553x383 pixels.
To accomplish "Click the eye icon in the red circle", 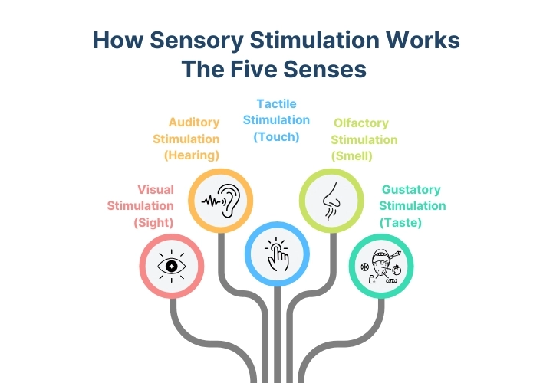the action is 171,266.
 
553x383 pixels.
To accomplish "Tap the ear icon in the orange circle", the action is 229,201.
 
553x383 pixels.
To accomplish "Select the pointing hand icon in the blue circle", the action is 277,254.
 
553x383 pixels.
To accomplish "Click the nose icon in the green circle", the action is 331,201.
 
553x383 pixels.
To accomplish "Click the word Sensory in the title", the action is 196,40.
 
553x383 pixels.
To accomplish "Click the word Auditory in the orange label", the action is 194,123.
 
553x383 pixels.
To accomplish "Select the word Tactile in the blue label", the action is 276,103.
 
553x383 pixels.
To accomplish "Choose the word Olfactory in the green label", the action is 361,123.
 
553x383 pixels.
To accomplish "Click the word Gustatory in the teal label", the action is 411,189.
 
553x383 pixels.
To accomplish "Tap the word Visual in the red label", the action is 156,189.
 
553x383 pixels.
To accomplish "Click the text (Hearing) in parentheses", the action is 192,155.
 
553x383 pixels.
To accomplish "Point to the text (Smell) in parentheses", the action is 352,155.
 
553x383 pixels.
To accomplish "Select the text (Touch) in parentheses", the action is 276,136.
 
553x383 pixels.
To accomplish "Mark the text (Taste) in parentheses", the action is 400,222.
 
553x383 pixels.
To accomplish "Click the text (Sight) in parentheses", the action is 153,222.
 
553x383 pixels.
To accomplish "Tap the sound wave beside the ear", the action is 211,201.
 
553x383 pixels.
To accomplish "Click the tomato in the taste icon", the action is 397,270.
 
